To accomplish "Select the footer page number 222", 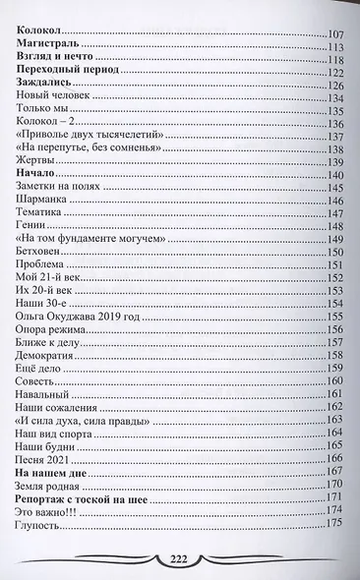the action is click(x=181, y=557).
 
